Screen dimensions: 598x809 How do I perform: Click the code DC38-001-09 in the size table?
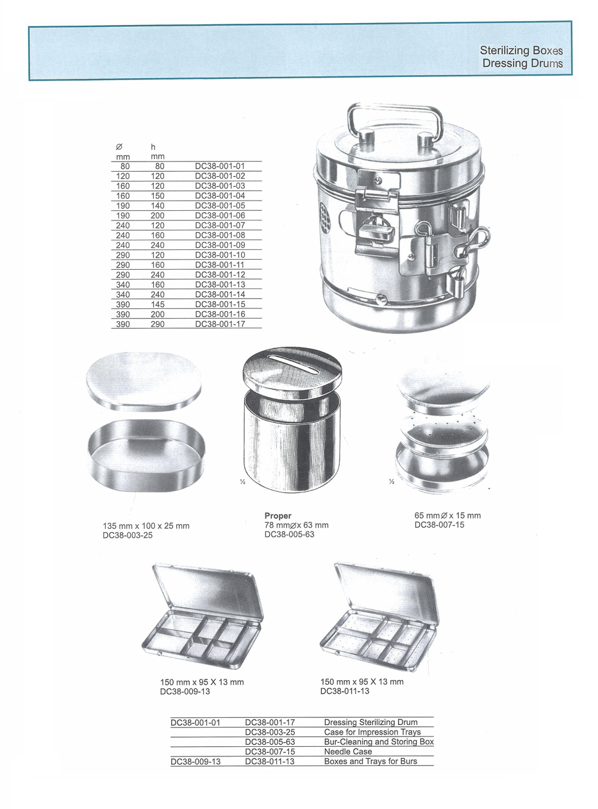click(x=220, y=245)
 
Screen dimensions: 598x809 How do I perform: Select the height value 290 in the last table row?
click(x=157, y=324)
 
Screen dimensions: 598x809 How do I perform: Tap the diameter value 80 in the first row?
click(x=125, y=166)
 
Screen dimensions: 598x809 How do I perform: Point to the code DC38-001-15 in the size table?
click(x=220, y=304)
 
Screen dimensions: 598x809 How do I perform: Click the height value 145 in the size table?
click(x=157, y=304)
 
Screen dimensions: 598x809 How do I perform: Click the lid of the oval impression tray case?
click(x=144, y=381)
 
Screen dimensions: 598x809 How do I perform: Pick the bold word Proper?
click(x=278, y=516)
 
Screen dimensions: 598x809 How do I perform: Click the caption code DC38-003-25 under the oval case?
click(x=128, y=535)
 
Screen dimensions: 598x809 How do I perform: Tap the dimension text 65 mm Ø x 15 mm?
click(x=447, y=515)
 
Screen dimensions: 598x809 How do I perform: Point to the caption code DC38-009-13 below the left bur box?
click(x=185, y=692)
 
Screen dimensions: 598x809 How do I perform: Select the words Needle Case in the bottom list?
click(x=347, y=751)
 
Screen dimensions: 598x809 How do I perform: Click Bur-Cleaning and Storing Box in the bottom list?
click(x=379, y=742)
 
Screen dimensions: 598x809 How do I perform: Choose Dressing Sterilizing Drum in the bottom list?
click(x=370, y=722)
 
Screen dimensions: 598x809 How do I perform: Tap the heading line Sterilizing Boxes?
click(x=521, y=51)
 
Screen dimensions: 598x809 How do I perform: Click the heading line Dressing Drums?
click(x=522, y=63)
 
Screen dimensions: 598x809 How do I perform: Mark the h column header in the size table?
click(x=153, y=147)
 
